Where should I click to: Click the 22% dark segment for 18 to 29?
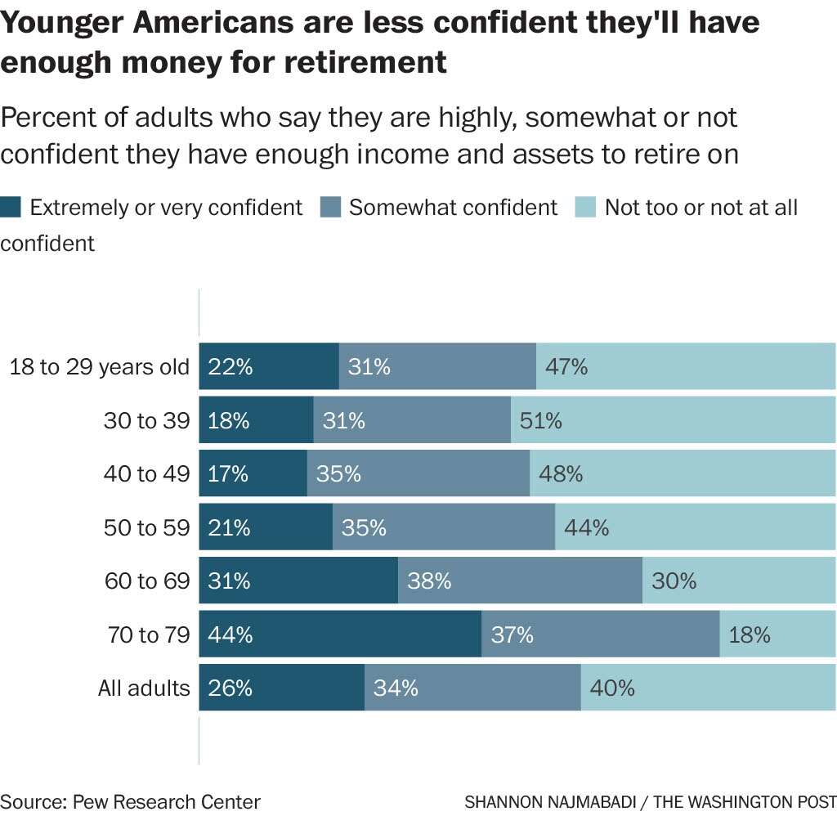point(269,366)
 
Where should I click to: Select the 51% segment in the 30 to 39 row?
point(673,420)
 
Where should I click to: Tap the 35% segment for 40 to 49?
point(418,473)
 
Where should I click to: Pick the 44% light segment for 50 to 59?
point(695,527)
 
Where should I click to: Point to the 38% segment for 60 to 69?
point(520,581)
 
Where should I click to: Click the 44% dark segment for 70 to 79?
point(340,634)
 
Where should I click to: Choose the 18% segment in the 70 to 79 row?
point(777,634)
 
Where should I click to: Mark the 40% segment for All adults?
point(708,688)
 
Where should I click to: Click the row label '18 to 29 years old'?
point(99,367)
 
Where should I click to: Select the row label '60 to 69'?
point(147,581)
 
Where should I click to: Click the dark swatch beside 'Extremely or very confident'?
point(11,208)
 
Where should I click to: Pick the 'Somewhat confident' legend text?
point(453,208)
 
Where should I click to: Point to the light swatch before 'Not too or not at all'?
point(585,208)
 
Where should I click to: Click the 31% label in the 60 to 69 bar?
point(230,581)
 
